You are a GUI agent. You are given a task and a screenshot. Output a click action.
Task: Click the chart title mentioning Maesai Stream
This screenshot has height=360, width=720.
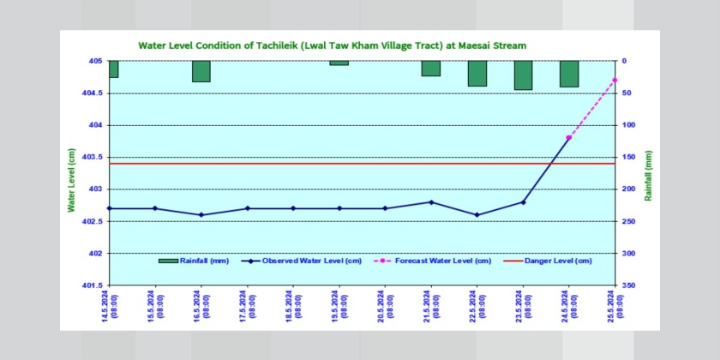coord(332,45)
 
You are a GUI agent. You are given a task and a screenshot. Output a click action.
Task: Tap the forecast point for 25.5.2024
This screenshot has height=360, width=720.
coord(615,80)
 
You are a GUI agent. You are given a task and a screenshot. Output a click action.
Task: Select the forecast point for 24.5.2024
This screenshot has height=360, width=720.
coord(569,137)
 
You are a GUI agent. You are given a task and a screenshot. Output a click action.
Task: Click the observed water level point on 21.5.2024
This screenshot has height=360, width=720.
coord(431,202)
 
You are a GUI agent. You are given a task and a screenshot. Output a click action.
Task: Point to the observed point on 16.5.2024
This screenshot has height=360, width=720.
coord(201,215)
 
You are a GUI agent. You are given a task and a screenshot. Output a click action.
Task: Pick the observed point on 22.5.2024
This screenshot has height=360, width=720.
coord(477,215)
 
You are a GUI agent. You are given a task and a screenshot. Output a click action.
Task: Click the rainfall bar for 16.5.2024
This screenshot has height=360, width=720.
coord(201,71)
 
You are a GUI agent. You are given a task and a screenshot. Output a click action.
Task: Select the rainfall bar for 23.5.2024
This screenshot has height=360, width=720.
coord(523,75)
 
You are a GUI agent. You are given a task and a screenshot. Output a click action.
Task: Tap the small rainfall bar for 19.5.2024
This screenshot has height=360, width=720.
coord(339,63)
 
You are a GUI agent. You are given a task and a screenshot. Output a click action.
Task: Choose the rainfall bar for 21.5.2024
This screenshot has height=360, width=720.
coord(431,69)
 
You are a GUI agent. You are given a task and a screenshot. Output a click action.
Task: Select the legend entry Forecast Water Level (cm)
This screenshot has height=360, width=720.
coord(435,261)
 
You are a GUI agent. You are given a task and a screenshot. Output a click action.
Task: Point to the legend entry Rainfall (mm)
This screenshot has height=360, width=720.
coord(196,261)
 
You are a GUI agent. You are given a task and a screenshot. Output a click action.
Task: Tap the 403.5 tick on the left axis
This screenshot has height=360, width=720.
coord(91,158)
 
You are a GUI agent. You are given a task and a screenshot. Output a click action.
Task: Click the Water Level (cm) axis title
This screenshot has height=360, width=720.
coord(72,180)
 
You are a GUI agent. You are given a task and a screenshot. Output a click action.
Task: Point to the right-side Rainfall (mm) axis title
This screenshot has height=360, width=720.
coord(650,176)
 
